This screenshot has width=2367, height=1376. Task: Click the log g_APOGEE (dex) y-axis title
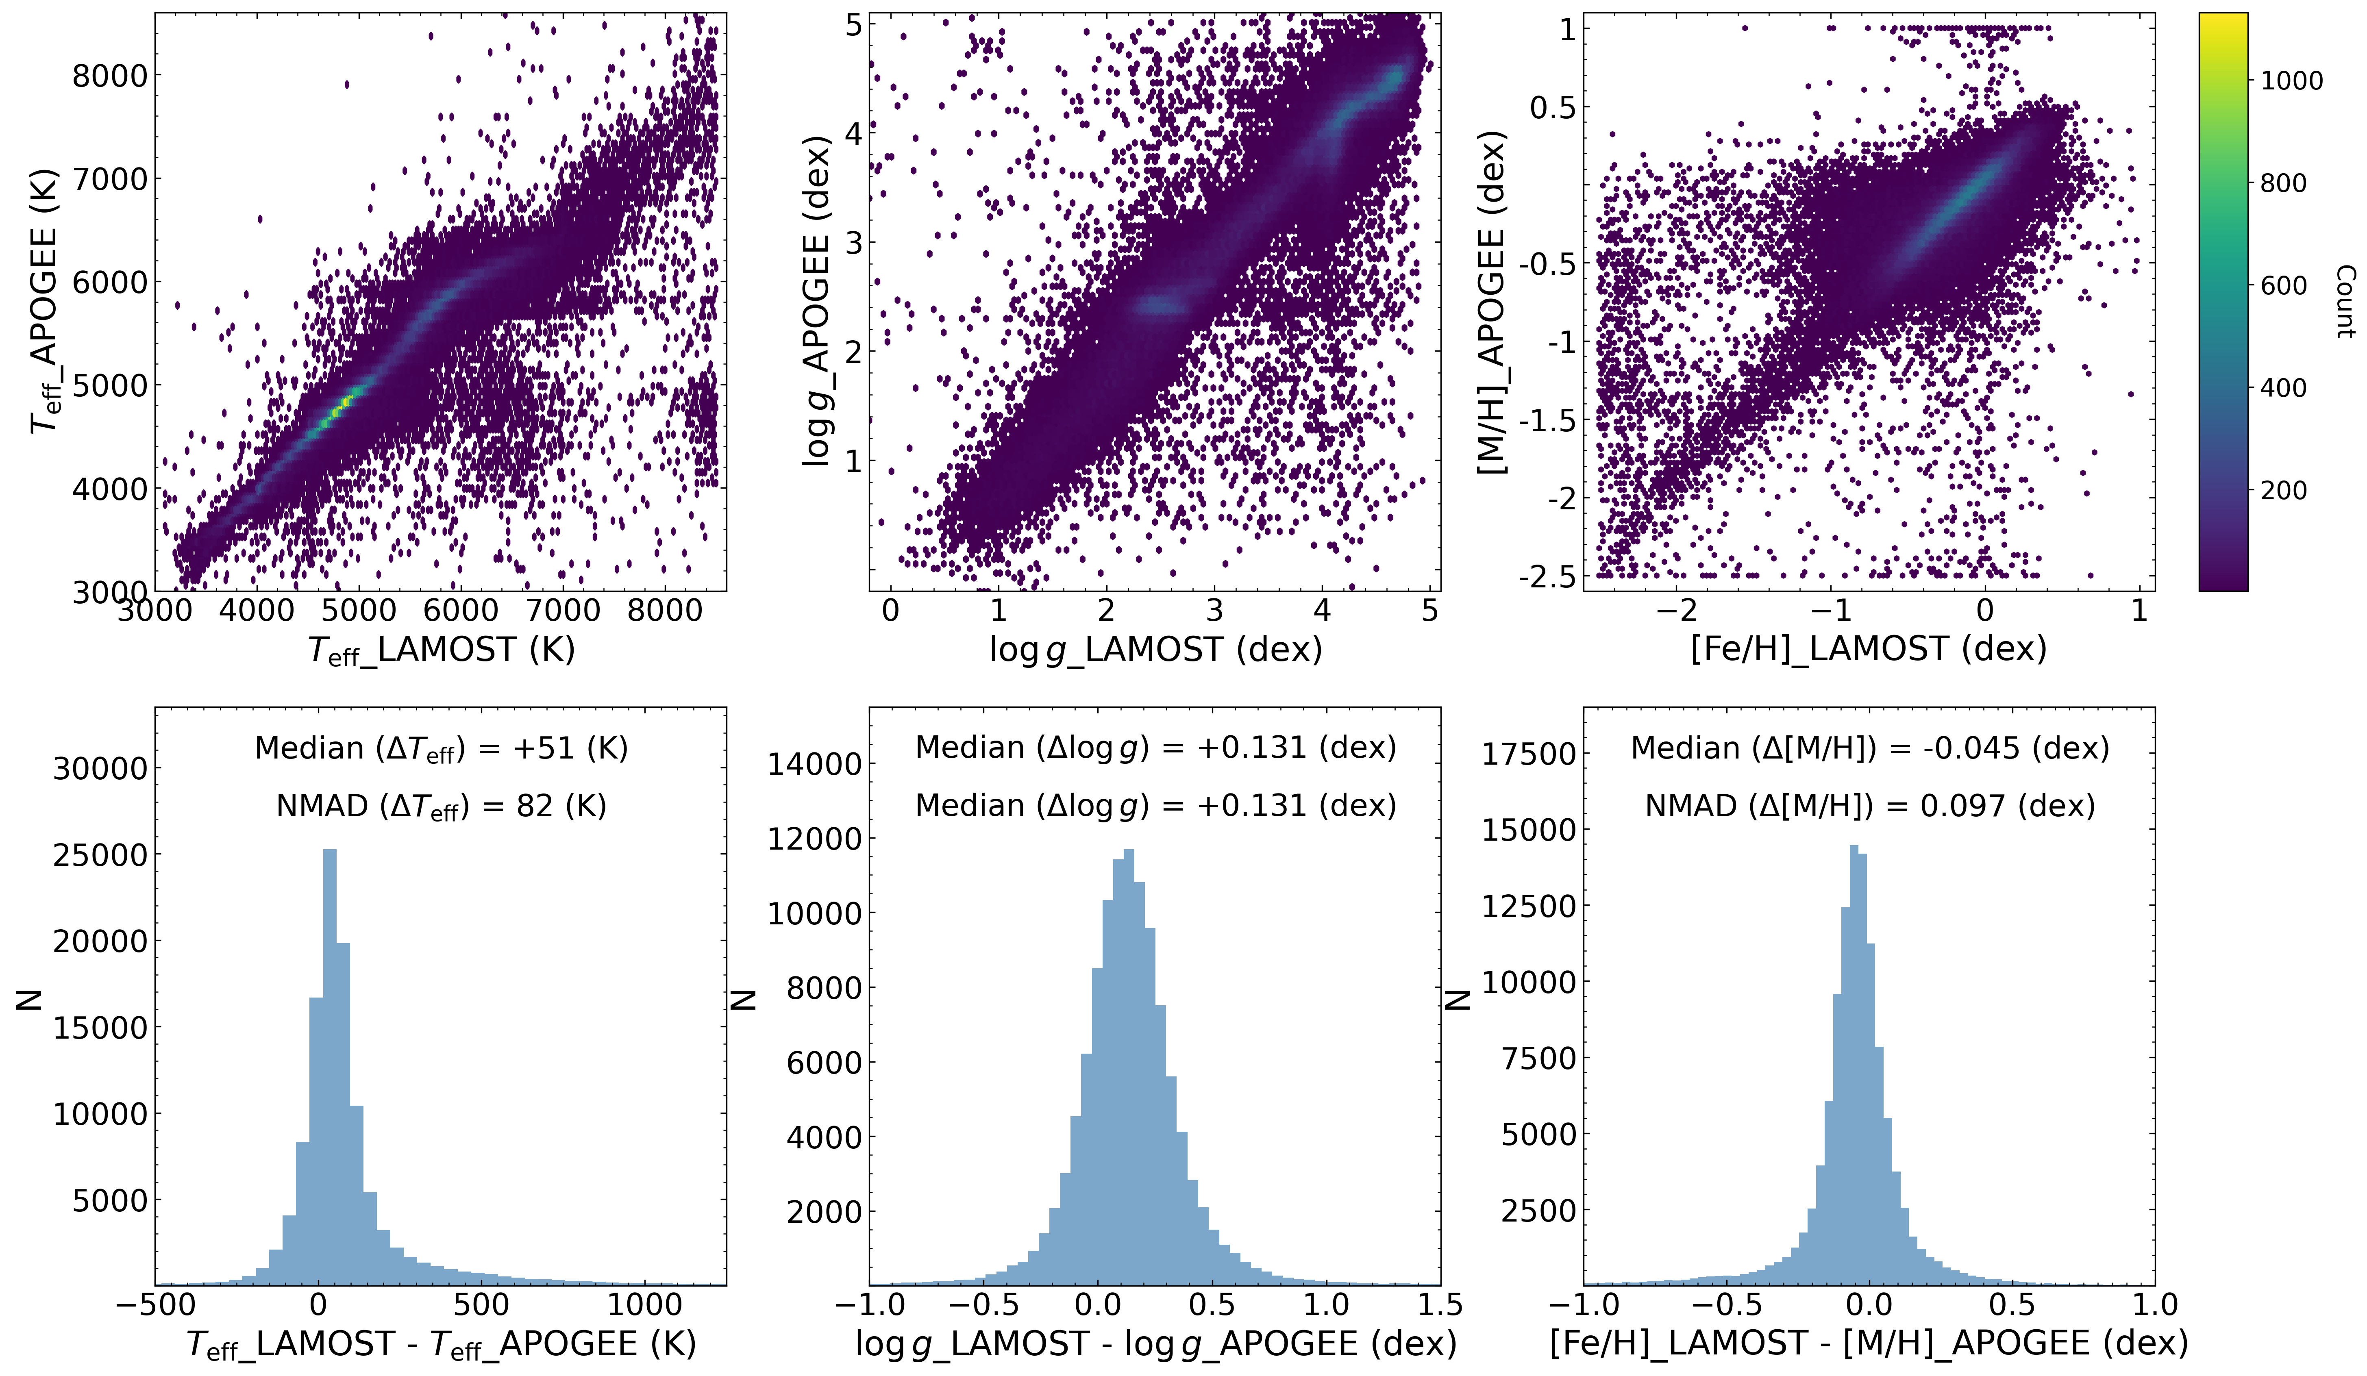[x=817, y=300]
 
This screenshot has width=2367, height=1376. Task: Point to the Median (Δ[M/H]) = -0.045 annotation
[x=1869, y=749]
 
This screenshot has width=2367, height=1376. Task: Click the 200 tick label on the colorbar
[x=2282, y=490]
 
